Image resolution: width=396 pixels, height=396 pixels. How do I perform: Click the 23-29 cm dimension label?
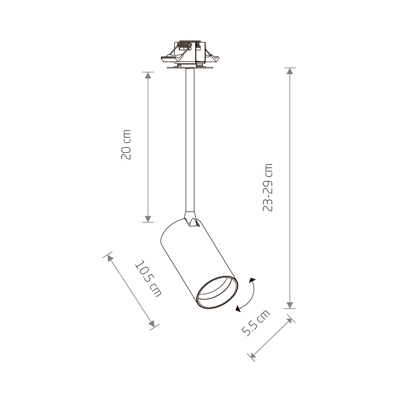tap(268, 187)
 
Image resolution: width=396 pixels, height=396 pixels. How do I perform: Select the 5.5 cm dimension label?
tap(255, 323)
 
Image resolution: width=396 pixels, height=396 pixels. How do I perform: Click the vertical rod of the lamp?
tap(190, 139)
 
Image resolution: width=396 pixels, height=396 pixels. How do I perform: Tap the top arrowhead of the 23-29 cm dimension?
tap(290, 71)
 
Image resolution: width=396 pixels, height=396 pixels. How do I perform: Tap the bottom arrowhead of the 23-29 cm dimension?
tap(290, 305)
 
